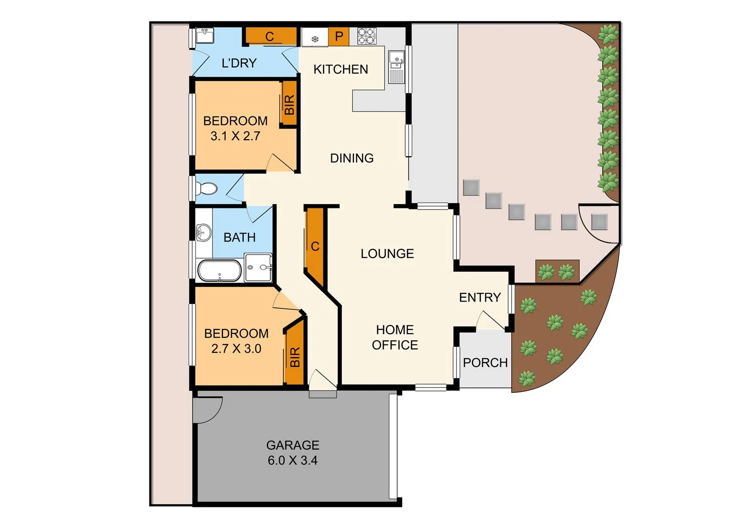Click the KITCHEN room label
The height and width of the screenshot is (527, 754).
pyautogui.click(x=341, y=69)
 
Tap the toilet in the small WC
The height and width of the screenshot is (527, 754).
pyautogui.click(x=208, y=188)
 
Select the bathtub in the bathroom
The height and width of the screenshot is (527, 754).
pyautogui.click(x=219, y=270)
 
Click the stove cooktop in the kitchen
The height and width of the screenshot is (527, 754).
pyautogui.click(x=367, y=36)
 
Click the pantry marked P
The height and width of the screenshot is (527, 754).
pyautogui.click(x=339, y=37)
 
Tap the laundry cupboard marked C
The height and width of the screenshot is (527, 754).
pyautogui.click(x=270, y=37)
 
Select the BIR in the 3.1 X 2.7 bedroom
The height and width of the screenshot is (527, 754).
pyautogui.click(x=289, y=104)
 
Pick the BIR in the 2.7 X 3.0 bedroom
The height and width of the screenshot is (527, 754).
pyautogui.click(x=295, y=357)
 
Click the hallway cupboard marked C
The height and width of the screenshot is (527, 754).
pyautogui.click(x=315, y=246)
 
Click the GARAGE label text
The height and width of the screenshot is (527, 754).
pyautogui.click(x=293, y=445)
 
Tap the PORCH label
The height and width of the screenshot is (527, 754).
pyautogui.click(x=485, y=363)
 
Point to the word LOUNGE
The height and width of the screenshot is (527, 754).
pyautogui.click(x=387, y=254)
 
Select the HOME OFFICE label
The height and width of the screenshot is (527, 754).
pyautogui.click(x=395, y=337)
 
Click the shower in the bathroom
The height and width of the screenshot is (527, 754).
pyautogui.click(x=258, y=267)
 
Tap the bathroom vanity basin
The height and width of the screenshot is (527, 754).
pyautogui.click(x=203, y=232)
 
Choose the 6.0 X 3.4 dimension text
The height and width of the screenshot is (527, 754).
pyautogui.click(x=293, y=460)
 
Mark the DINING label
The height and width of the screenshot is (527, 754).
pyautogui.click(x=352, y=158)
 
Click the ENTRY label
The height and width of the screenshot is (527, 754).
pyautogui.click(x=480, y=298)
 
